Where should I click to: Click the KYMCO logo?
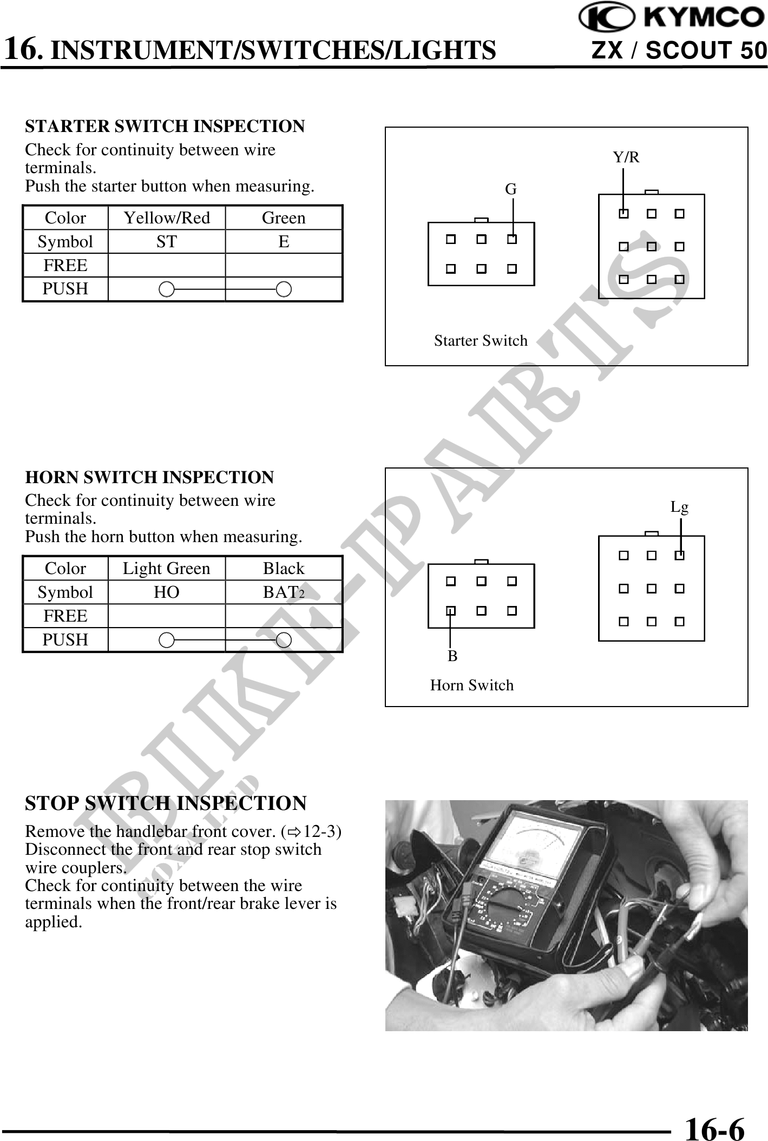(x=671, y=18)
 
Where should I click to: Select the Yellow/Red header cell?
(x=167, y=217)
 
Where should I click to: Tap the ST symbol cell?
(x=167, y=241)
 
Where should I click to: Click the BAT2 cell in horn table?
(x=284, y=592)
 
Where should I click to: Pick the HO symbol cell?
(x=167, y=592)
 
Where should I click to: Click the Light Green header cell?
(x=167, y=568)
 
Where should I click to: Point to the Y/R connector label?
(x=626, y=157)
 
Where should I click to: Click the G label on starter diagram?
(x=510, y=189)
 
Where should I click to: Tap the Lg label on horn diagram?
(x=679, y=507)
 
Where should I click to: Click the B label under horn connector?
(x=452, y=656)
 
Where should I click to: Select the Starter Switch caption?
(x=481, y=341)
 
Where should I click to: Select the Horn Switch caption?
(x=471, y=685)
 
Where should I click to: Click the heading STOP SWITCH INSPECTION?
(x=166, y=803)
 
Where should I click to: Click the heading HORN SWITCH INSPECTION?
(x=149, y=477)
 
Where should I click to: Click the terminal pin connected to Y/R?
(x=623, y=214)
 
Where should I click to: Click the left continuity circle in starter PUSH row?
(x=167, y=289)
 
